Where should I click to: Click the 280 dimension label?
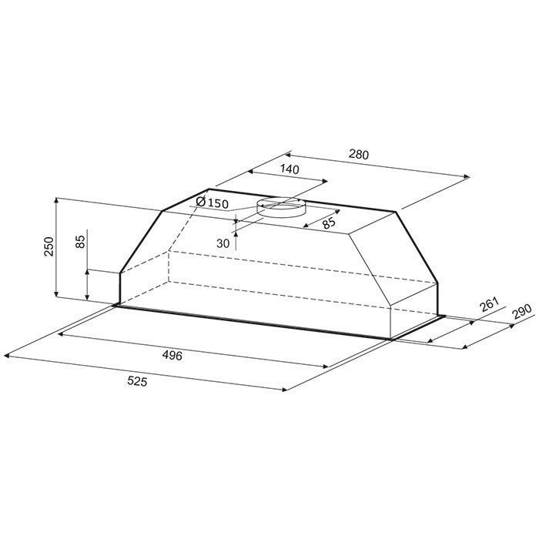(359, 154)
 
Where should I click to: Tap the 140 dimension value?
(290, 169)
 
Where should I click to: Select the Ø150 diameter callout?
(212, 203)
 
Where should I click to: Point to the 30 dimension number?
(223, 243)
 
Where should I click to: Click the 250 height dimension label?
(49, 246)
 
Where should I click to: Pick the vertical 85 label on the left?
(80, 242)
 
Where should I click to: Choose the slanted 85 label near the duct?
(329, 223)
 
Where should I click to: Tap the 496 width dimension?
(172, 356)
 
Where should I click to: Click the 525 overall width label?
(137, 381)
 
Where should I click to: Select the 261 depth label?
(490, 304)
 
